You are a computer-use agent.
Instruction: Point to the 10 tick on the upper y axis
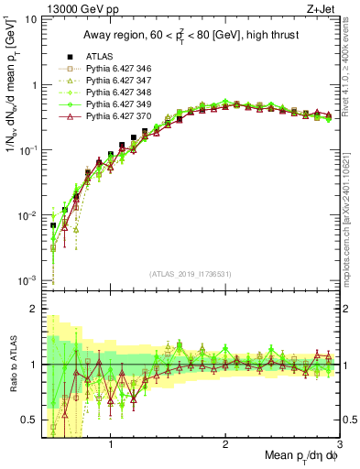pyautogui.click(x=30, y=19)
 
